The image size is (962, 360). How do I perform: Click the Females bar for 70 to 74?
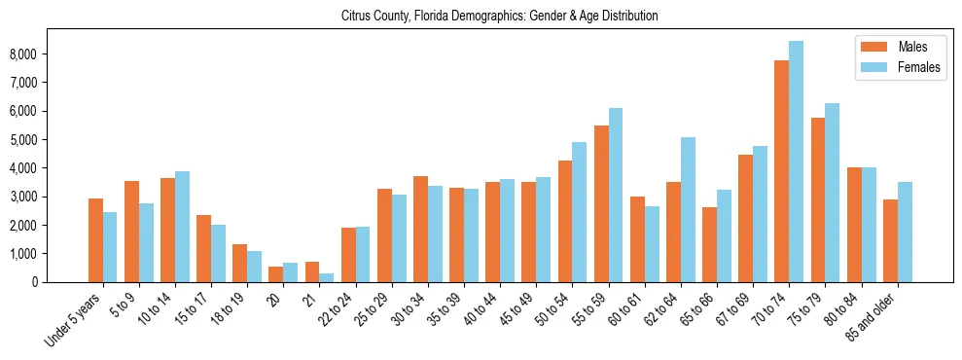point(796,162)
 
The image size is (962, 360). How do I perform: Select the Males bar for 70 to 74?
point(781,171)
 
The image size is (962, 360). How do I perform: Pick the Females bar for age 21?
point(326,277)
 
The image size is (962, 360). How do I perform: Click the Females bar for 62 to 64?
point(688,209)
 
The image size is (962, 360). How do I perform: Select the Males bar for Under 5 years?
point(95,240)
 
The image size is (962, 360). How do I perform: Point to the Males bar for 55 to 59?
point(601,203)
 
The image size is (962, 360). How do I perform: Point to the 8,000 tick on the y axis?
point(50,54)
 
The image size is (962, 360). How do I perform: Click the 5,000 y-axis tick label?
point(50,140)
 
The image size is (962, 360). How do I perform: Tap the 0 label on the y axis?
point(60,282)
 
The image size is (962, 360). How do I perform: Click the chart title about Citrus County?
point(500,17)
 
